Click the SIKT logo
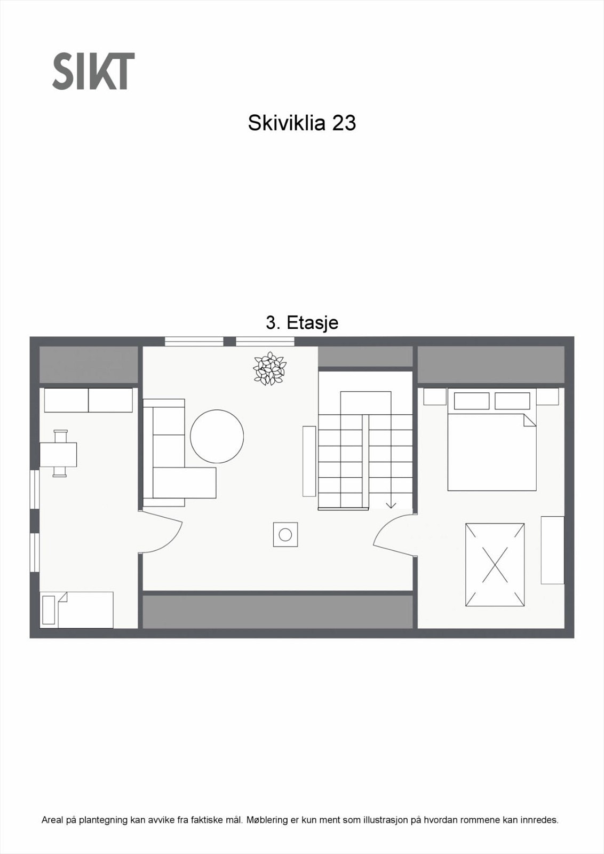click(x=93, y=71)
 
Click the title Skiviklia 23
click(x=301, y=123)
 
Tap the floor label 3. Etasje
click(x=301, y=323)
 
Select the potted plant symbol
click(x=269, y=368)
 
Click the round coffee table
click(x=217, y=436)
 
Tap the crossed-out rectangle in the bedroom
click(x=495, y=565)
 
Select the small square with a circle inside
click(x=285, y=534)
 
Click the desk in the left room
click(x=59, y=454)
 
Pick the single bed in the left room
click(x=77, y=610)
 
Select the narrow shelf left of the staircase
click(x=309, y=461)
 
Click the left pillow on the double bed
click(x=471, y=401)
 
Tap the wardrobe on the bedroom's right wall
click(x=552, y=550)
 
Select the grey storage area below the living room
click(x=277, y=612)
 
